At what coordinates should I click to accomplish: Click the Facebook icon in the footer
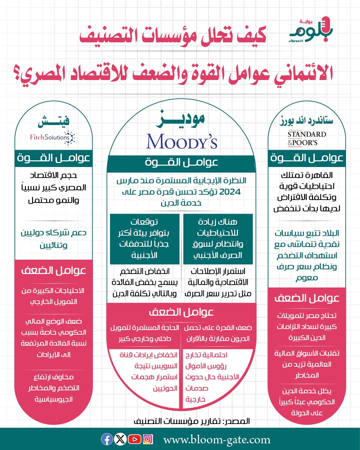107,439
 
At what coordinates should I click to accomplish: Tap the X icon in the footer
120,439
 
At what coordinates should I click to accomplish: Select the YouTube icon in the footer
134,439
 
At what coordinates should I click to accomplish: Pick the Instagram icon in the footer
148,439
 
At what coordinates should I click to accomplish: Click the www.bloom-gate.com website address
217,440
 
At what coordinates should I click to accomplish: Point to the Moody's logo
182,141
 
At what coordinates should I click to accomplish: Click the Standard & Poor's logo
306,138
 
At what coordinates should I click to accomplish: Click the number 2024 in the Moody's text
230,192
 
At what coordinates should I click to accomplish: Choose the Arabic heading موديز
181,119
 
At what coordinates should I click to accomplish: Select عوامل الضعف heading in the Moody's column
181,312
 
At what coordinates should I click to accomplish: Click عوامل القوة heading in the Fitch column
53,158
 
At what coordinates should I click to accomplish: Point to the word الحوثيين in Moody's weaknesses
165,388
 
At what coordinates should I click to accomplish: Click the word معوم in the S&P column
307,278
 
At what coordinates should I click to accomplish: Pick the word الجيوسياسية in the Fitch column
54,399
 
